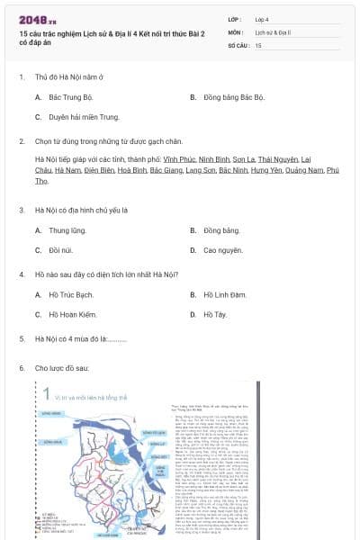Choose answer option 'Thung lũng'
(x=67, y=230)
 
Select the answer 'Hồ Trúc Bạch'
(x=71, y=294)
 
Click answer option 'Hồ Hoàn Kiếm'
(x=72, y=314)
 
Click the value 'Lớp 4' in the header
(x=263, y=18)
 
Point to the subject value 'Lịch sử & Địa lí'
(x=273, y=31)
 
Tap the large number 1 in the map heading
(x=45, y=391)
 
